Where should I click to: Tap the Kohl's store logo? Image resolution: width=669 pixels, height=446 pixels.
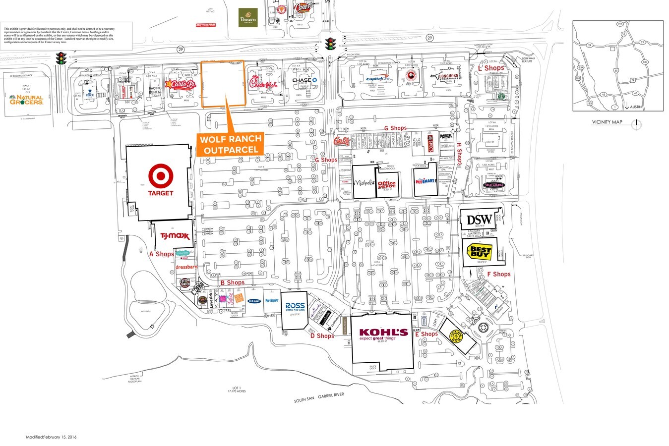(x=383, y=334)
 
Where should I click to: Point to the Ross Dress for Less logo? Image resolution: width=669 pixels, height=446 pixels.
(x=295, y=307)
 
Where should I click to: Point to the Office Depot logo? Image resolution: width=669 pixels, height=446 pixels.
(x=387, y=185)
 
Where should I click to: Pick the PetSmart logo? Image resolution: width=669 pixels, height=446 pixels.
(x=425, y=182)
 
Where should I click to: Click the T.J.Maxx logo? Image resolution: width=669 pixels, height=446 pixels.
(x=173, y=237)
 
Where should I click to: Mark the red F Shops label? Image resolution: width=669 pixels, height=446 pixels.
(x=498, y=274)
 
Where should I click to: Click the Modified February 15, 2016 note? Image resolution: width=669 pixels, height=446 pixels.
(x=52, y=437)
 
